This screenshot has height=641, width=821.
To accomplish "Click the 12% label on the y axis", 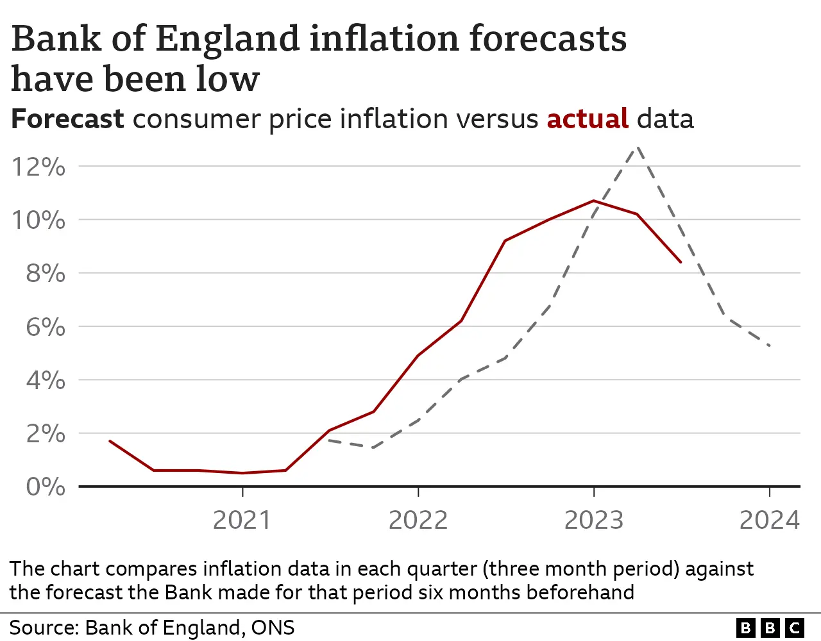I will click(x=38, y=167).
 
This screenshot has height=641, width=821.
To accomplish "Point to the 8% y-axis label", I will click(x=45, y=274).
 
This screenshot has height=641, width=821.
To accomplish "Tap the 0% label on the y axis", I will click(x=45, y=487).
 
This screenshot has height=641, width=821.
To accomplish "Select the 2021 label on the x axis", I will click(x=242, y=520).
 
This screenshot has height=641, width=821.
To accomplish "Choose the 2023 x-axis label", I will click(x=593, y=520).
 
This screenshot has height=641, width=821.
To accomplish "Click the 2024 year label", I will click(x=769, y=520).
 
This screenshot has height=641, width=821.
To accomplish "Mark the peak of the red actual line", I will click(x=594, y=201).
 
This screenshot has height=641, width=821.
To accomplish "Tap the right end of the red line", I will click(x=681, y=262).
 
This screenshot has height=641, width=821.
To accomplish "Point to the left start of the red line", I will click(x=110, y=441).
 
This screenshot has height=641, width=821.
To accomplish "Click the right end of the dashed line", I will click(x=769, y=345).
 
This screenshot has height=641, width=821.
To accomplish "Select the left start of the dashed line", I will click(x=329, y=440).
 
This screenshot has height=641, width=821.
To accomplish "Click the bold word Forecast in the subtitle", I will click(x=67, y=119).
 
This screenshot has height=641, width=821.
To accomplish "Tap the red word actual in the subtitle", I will click(x=587, y=119).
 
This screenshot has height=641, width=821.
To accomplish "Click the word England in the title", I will click(x=228, y=40).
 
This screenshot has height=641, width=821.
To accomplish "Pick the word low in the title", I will click(x=228, y=79).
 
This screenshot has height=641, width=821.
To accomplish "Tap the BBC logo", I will click(x=770, y=628).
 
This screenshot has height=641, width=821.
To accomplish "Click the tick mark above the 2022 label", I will click(x=418, y=492).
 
